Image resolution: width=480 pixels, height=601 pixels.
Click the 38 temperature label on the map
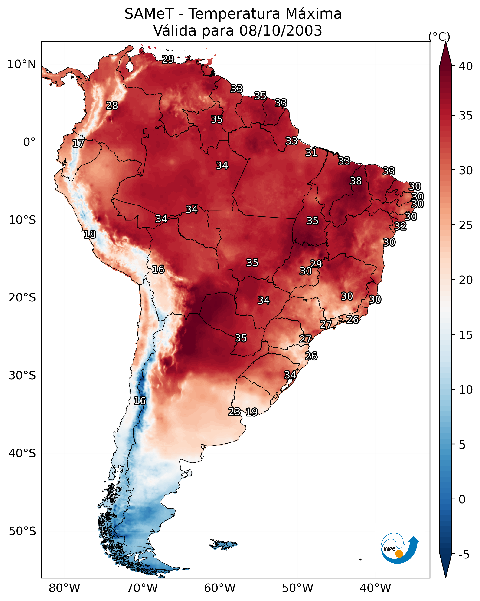[x=356, y=181]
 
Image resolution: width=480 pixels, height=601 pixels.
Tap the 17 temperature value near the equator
[x=78, y=143]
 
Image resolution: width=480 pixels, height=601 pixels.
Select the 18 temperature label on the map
[x=90, y=234]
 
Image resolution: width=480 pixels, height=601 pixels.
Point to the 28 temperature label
[x=112, y=106]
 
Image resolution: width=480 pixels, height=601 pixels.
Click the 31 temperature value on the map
[x=311, y=153]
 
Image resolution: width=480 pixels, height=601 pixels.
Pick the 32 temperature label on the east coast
[x=400, y=226]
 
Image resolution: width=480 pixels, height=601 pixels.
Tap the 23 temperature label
[x=234, y=412]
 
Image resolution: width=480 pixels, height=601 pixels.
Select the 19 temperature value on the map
[x=251, y=412]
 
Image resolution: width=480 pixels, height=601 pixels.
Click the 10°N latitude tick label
[x=21, y=64]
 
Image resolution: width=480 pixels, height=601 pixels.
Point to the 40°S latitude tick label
[x=22, y=453]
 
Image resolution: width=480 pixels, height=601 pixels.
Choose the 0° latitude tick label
[x=29, y=142]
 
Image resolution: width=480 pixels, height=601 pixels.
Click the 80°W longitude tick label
[x=64, y=588]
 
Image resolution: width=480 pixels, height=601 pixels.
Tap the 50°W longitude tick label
[x=297, y=588]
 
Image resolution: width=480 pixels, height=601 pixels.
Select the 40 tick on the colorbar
[x=466, y=66]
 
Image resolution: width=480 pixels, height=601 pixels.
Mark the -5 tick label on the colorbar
[x=464, y=555]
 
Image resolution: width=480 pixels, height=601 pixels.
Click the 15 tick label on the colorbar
[x=466, y=335]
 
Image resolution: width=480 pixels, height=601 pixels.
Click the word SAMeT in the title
[x=149, y=14]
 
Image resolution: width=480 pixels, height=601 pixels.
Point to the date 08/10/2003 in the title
[x=281, y=31]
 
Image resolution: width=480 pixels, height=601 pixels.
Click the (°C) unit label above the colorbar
[x=439, y=36]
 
